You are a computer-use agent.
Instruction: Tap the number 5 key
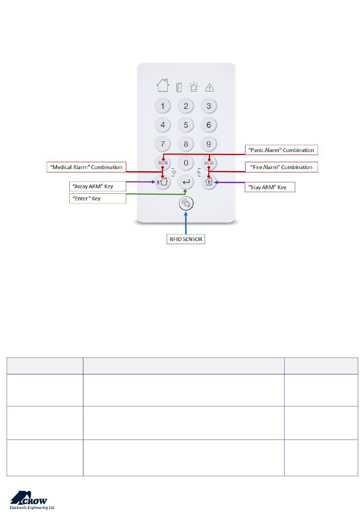(x=186, y=125)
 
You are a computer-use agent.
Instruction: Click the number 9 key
(x=209, y=144)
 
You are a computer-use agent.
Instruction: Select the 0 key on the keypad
(x=186, y=163)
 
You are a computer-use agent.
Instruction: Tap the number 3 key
(x=209, y=106)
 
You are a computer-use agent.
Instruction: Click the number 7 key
(x=163, y=144)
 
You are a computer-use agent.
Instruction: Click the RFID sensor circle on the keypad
(x=186, y=204)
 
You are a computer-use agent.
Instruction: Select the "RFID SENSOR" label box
(x=186, y=239)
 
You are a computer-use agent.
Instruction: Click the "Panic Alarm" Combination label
(x=281, y=150)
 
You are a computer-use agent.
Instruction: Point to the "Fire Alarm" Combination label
(x=281, y=167)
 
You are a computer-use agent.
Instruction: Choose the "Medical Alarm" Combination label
(x=86, y=167)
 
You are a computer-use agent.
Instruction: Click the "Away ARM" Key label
(x=97, y=186)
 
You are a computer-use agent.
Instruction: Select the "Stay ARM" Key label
(x=269, y=187)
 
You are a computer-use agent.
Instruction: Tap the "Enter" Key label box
(x=97, y=199)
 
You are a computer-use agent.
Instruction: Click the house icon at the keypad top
(x=163, y=85)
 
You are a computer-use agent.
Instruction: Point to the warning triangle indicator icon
(x=210, y=88)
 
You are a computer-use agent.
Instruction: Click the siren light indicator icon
(x=194, y=87)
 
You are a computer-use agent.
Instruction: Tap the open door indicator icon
(x=179, y=88)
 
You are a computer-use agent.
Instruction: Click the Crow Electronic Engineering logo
(x=32, y=500)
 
